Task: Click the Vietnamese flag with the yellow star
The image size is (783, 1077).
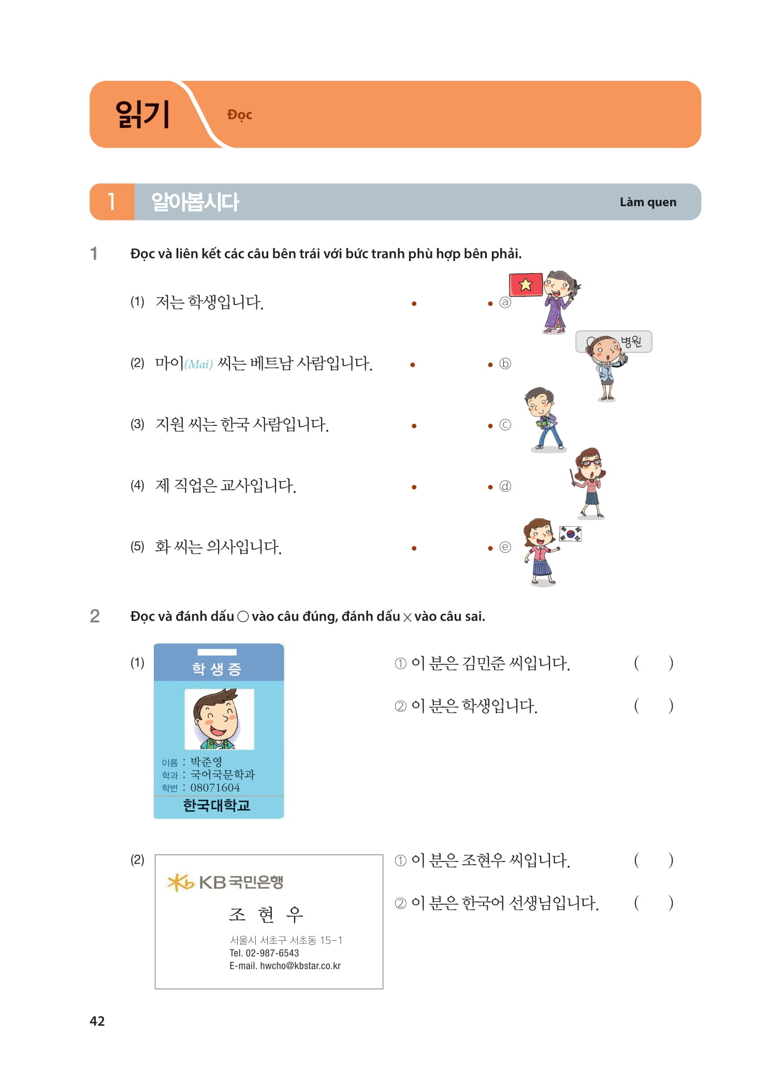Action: (526, 284)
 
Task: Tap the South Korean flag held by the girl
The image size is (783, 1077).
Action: (570, 534)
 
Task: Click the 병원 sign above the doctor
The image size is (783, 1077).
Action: (631, 341)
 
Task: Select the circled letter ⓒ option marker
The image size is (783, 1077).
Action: (505, 425)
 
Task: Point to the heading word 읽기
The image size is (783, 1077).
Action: (142, 114)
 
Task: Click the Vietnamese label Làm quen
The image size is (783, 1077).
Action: (648, 202)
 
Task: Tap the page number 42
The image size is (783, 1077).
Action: (97, 1021)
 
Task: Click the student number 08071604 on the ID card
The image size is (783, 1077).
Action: (215, 787)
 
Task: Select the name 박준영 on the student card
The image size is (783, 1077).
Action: (206, 762)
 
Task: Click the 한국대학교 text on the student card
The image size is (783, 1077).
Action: (216, 806)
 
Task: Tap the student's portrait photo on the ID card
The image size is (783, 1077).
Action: (219, 719)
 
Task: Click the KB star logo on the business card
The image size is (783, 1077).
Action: (180, 882)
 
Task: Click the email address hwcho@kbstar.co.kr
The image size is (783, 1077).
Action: (300, 966)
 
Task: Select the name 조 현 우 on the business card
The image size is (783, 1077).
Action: (266, 914)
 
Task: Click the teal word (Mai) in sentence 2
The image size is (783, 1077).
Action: (199, 364)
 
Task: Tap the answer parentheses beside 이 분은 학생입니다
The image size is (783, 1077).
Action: (654, 706)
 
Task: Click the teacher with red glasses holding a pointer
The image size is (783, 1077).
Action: (590, 482)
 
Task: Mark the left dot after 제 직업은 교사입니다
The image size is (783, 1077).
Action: (414, 487)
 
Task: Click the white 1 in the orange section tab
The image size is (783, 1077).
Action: (111, 202)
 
